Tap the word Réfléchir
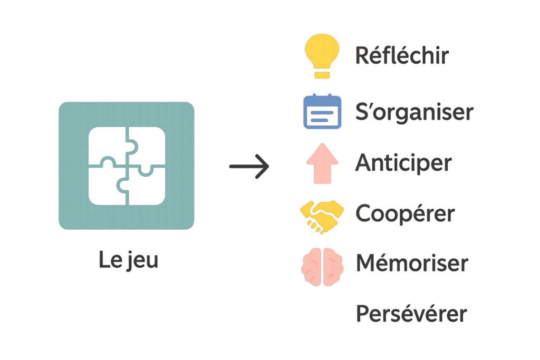pos(402,55)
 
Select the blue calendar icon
pos(322,112)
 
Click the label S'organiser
pos(414,112)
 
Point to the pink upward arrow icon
pos(322,165)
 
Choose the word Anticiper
pos(403,163)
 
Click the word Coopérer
pos(405,214)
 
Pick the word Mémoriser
pos(412,263)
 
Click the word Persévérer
pos(411,314)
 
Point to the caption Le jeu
pos(128,261)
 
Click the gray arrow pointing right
pos(249,167)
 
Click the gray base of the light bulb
pos(321,74)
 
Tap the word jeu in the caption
pos(142,261)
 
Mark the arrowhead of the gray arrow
pos(264,167)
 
